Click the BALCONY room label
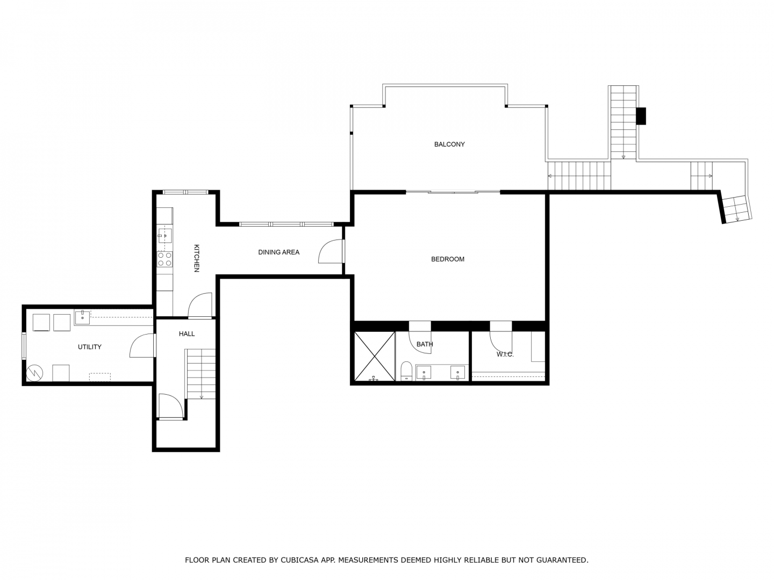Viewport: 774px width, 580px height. coord(449,144)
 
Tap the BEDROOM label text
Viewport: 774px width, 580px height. coord(448,259)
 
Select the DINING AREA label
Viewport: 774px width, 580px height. coord(278,252)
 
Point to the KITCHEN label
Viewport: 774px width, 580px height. coord(196,258)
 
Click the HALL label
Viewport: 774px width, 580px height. coord(187,334)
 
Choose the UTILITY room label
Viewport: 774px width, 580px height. coord(90,347)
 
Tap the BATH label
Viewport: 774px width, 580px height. coord(425,344)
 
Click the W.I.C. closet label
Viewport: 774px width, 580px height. coord(505,354)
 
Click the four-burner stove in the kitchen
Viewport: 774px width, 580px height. coord(164,259)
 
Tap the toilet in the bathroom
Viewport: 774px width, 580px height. coord(406,371)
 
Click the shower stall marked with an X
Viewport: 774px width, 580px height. coord(374,356)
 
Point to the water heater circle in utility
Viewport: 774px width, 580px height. coord(34,373)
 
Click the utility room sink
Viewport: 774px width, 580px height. coord(82,317)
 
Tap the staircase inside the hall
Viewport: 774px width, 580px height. coord(200,374)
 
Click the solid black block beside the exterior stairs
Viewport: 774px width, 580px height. coord(641,116)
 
